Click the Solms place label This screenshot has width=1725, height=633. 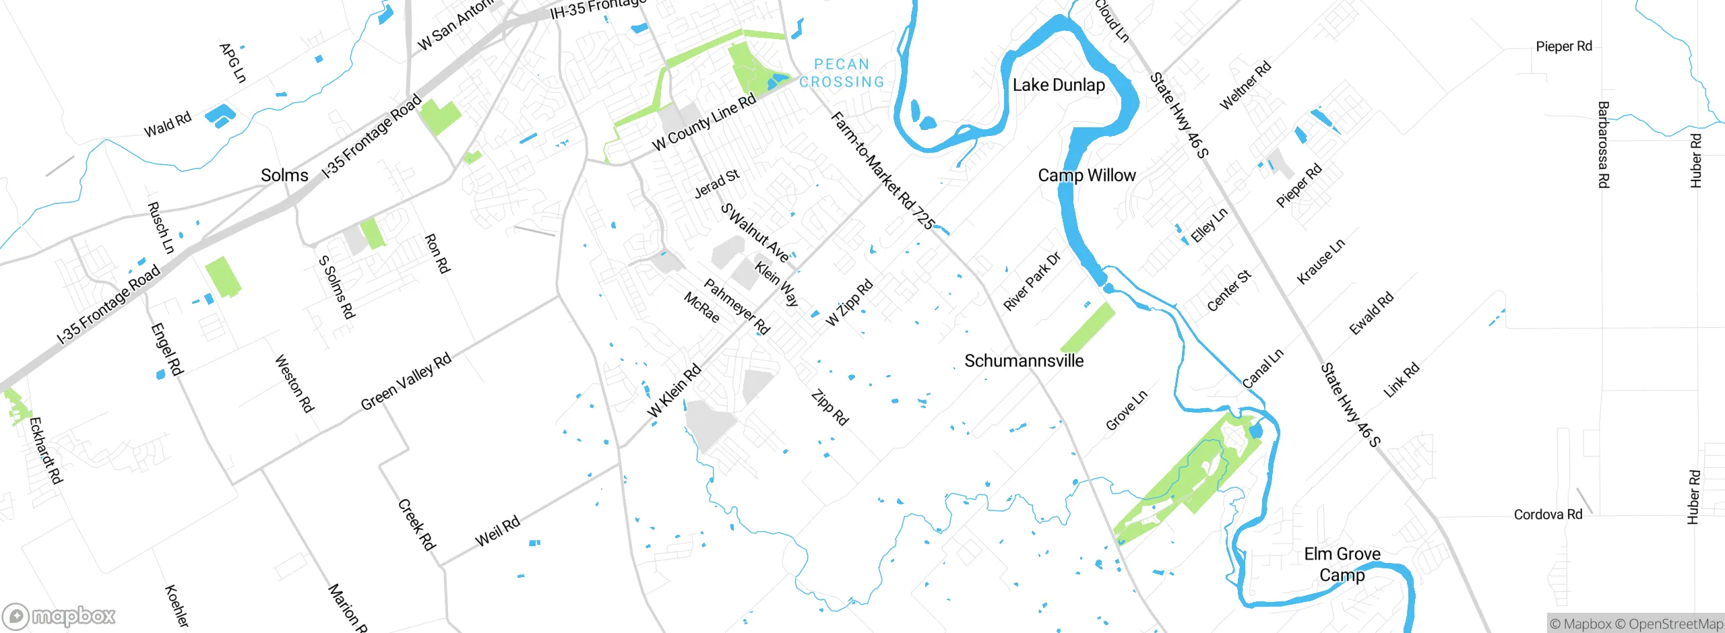[284, 175]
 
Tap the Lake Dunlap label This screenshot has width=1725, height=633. [1059, 85]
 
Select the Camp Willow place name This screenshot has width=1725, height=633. [1086, 175]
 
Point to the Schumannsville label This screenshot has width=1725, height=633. [1024, 361]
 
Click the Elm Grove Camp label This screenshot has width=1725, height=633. [1342, 564]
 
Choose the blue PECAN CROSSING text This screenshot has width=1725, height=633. [842, 73]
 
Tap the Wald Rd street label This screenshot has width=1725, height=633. [168, 125]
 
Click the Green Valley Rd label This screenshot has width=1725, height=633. [406, 381]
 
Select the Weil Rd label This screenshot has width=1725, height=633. [497, 531]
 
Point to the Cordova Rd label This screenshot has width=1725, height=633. [1548, 514]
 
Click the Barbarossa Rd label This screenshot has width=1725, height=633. [1604, 145]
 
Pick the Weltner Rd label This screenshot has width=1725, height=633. [1245, 85]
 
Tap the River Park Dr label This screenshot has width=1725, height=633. [1032, 281]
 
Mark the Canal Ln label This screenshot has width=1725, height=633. [1263, 368]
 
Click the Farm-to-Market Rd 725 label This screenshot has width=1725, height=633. [883, 171]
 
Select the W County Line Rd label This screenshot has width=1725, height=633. [704, 123]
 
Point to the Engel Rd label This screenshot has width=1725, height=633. [166, 349]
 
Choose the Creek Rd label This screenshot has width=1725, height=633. [416, 525]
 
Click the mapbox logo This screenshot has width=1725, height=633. [59, 616]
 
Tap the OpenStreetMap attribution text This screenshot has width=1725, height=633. [1674, 624]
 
